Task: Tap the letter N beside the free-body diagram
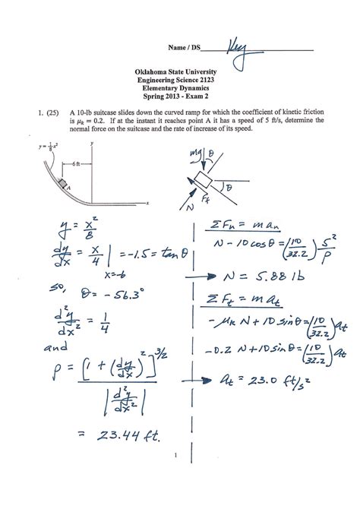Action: point(189,205)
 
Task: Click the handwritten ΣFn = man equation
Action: point(247,222)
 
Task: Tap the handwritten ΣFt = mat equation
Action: point(247,302)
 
